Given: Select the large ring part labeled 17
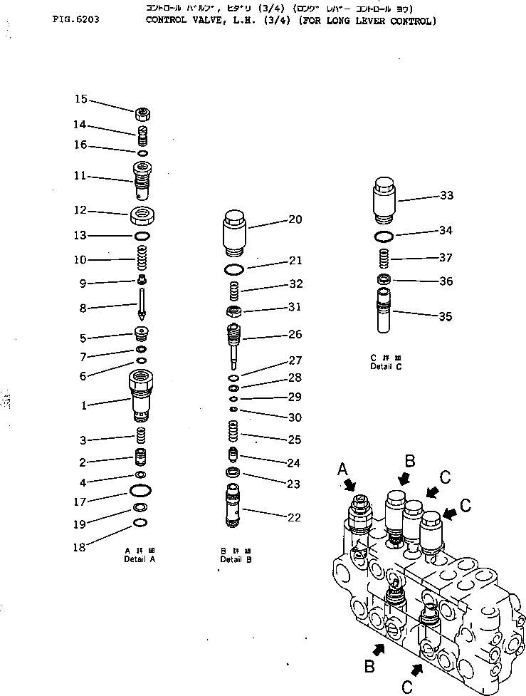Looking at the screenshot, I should pyautogui.click(x=141, y=491).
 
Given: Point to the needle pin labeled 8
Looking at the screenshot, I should pyautogui.click(x=143, y=304).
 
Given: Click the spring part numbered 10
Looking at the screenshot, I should pyautogui.click(x=142, y=254).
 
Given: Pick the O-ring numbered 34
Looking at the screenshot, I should pyautogui.click(x=383, y=236).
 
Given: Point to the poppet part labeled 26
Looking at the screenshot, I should pyautogui.click(x=234, y=340).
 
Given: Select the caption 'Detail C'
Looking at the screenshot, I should pyautogui.click(x=386, y=366).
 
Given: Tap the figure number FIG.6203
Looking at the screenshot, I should pyautogui.click(x=75, y=20).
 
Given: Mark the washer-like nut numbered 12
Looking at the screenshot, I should pyautogui.click(x=143, y=214).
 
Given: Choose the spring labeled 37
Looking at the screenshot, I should pyautogui.click(x=383, y=258).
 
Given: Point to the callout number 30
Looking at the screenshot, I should pyautogui.click(x=293, y=417).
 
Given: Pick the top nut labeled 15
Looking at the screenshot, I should pyautogui.click(x=143, y=113).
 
